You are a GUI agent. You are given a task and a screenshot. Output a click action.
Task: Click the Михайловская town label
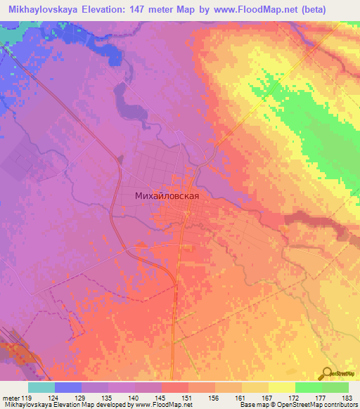172,197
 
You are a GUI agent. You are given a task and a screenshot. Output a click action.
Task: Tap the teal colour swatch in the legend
41,387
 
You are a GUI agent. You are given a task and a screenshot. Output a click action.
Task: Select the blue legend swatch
68,387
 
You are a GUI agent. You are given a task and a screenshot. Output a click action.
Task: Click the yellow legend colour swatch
282,387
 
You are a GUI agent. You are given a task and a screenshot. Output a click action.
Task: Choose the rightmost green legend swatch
335,387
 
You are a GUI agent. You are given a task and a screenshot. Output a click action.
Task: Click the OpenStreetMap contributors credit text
321,405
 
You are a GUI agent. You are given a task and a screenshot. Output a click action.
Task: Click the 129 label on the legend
82,398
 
